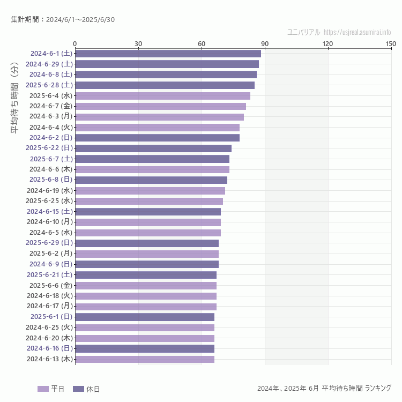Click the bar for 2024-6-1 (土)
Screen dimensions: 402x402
(x=168, y=54)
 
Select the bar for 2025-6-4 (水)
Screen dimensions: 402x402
(x=162, y=95)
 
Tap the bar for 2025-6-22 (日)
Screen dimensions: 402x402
(x=153, y=148)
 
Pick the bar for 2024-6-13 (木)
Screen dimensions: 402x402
(x=145, y=359)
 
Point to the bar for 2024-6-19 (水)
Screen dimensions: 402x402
(x=150, y=190)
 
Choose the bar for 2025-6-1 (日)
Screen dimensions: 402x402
(x=145, y=317)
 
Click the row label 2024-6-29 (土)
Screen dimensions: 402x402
(x=51, y=64)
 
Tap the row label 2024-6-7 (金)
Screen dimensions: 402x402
(x=51, y=106)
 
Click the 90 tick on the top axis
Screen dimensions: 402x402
(x=265, y=43)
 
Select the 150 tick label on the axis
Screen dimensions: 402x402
(x=391, y=43)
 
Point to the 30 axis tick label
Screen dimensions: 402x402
(x=138, y=43)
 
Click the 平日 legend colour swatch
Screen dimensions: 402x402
(x=43, y=389)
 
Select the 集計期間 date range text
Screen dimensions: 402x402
(x=63, y=20)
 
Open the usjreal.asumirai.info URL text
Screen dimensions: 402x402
(x=357, y=32)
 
